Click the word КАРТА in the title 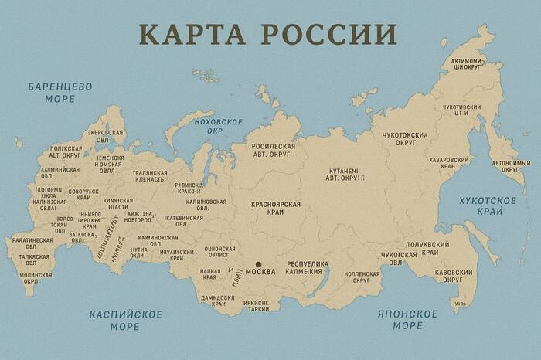[194, 34]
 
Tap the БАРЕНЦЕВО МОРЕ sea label [60, 93]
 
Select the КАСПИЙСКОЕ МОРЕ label [125, 320]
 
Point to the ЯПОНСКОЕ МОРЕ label [407, 320]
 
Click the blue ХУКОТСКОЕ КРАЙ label [487, 205]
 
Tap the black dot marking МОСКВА [259, 264]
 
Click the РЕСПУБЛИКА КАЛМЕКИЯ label [308, 267]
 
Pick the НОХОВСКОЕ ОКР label [218, 126]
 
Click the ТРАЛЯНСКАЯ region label [145, 175]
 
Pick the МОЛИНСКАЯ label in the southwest [36, 278]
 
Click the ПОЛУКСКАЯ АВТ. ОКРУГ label [66, 151]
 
